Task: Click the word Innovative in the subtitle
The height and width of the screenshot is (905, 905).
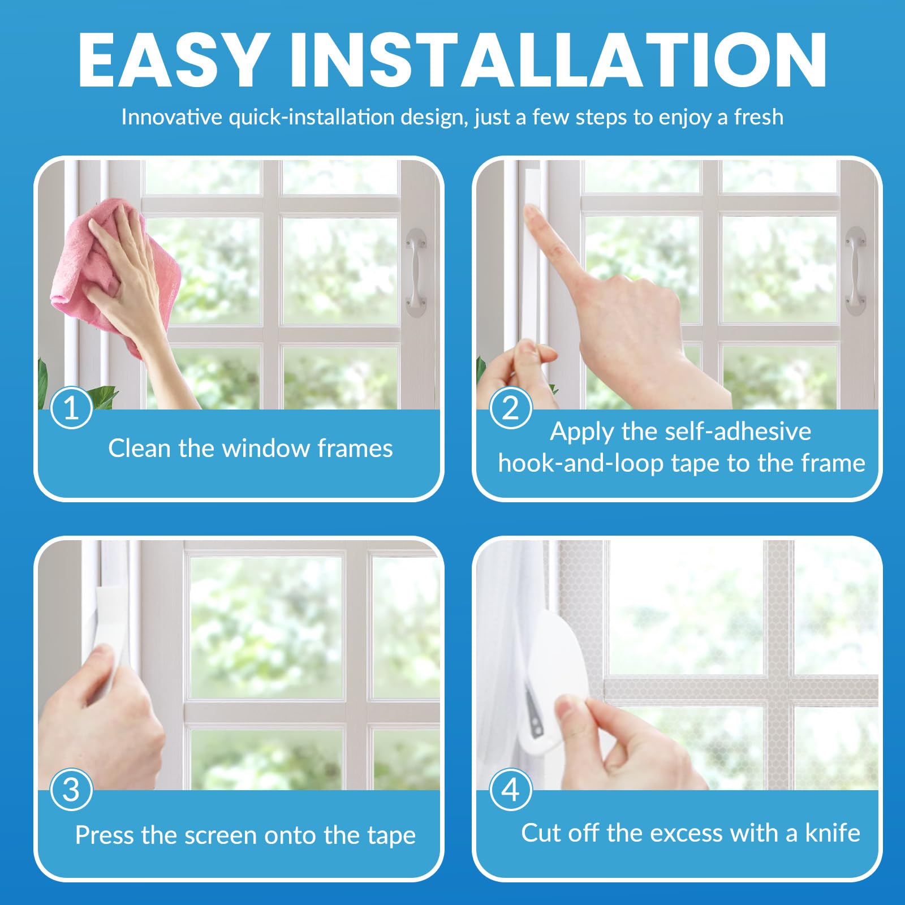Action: [172, 117]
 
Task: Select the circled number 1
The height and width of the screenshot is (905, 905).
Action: [71, 408]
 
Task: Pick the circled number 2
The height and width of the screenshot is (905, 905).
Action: [510, 408]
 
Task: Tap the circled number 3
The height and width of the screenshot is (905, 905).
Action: [71, 790]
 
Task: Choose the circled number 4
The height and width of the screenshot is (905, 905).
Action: [510, 790]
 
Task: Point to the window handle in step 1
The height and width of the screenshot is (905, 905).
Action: [416, 272]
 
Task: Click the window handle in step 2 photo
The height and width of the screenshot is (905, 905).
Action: [855, 271]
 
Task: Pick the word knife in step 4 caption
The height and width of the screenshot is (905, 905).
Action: [833, 833]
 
